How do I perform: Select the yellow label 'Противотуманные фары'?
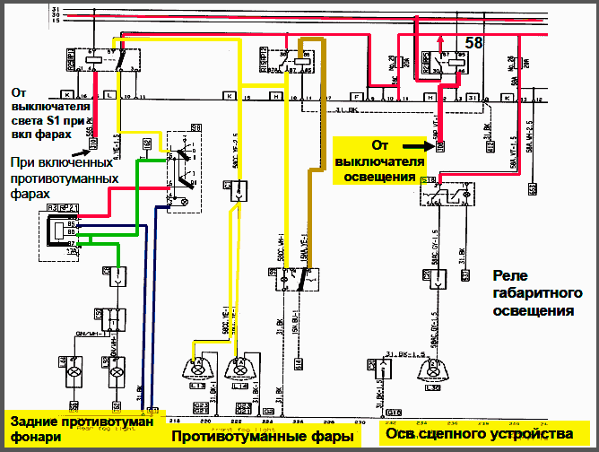261,437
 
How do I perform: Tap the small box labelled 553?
532,188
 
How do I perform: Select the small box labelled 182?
147,143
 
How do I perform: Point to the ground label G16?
392,413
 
